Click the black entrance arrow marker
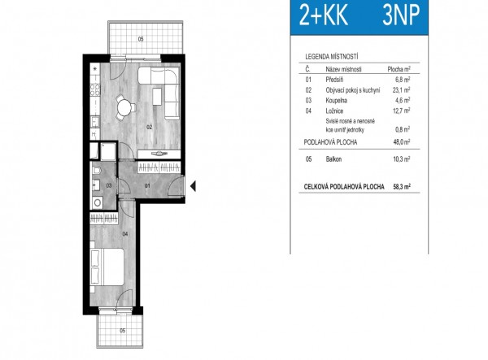pos(193,187)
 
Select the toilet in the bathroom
pos(96,170)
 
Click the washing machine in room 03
pos(98,203)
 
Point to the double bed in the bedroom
pos(107,267)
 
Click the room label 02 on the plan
pos(150,127)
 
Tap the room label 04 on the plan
pos(125,234)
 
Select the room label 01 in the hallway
pos(147,185)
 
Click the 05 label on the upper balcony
pos(141,39)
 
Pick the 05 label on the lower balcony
pos(123,331)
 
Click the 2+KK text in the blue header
pos(324,15)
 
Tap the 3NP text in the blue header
pos(401,15)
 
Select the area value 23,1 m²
pos(402,90)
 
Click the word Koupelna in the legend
pos(336,101)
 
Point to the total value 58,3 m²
pos(402,187)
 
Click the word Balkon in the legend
pos(333,159)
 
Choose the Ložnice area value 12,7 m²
pos(402,111)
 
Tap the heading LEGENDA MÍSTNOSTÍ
pos(332,57)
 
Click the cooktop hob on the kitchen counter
pos(95,90)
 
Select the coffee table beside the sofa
pos(157,97)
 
